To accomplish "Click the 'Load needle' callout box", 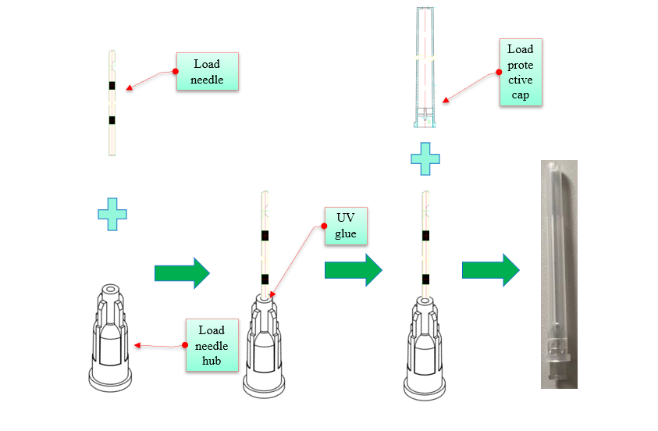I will (x=207, y=72).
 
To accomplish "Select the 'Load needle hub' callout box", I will (x=212, y=345).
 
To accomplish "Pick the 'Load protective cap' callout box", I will (x=521, y=72).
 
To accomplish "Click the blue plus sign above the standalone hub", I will (x=112, y=214).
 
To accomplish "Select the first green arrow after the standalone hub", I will (x=182, y=272).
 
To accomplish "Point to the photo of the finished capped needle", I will (x=559, y=273).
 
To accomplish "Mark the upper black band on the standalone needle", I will (x=112, y=85).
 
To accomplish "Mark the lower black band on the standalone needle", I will (x=112, y=120).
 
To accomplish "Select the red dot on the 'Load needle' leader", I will (x=166, y=72).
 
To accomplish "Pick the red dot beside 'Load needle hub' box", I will (x=185, y=345).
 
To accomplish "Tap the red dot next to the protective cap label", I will (x=499, y=72).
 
